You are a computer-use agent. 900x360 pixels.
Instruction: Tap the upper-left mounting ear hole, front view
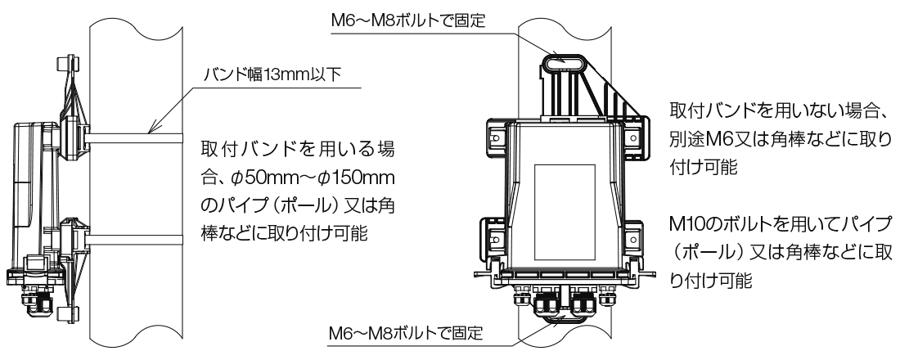[496, 137]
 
